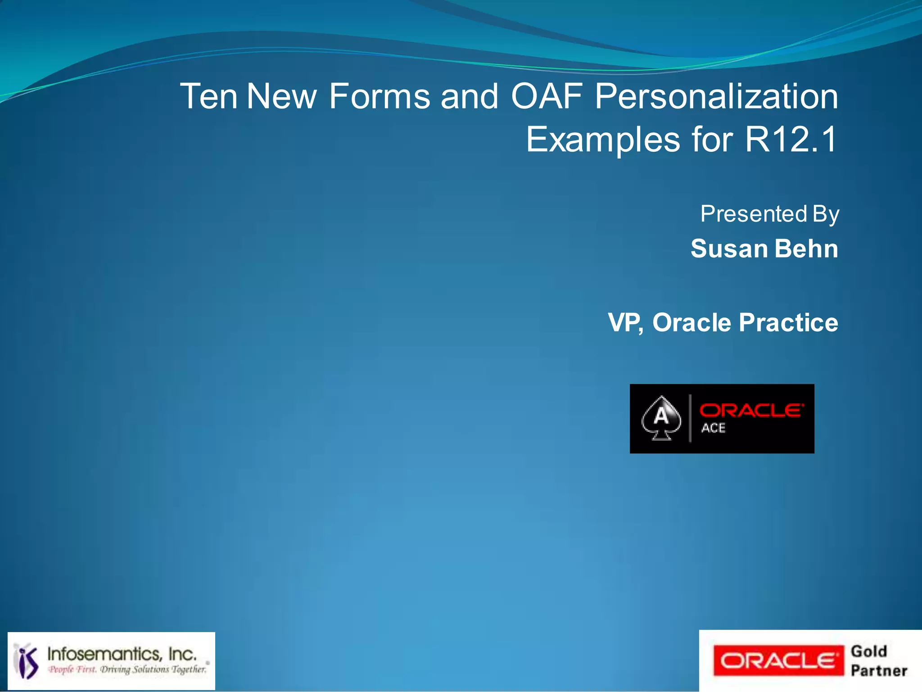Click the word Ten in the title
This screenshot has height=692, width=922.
(208, 96)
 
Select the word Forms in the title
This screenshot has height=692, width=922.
(379, 96)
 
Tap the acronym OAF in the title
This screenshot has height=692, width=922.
(547, 96)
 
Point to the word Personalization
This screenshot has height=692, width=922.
(716, 96)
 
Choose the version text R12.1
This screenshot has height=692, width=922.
(791, 140)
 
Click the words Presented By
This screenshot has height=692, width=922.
(769, 214)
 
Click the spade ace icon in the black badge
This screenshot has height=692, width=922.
(661, 418)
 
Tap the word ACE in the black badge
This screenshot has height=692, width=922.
(713, 428)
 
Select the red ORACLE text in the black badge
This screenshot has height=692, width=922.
(751, 410)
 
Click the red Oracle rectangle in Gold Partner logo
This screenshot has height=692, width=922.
(778, 661)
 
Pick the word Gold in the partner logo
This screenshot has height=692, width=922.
(869, 651)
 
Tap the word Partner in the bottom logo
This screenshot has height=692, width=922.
(879, 671)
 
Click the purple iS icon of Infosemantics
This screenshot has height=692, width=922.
(27, 661)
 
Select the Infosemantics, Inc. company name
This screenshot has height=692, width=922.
(122, 654)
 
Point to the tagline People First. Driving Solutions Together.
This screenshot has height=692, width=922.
(127, 669)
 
